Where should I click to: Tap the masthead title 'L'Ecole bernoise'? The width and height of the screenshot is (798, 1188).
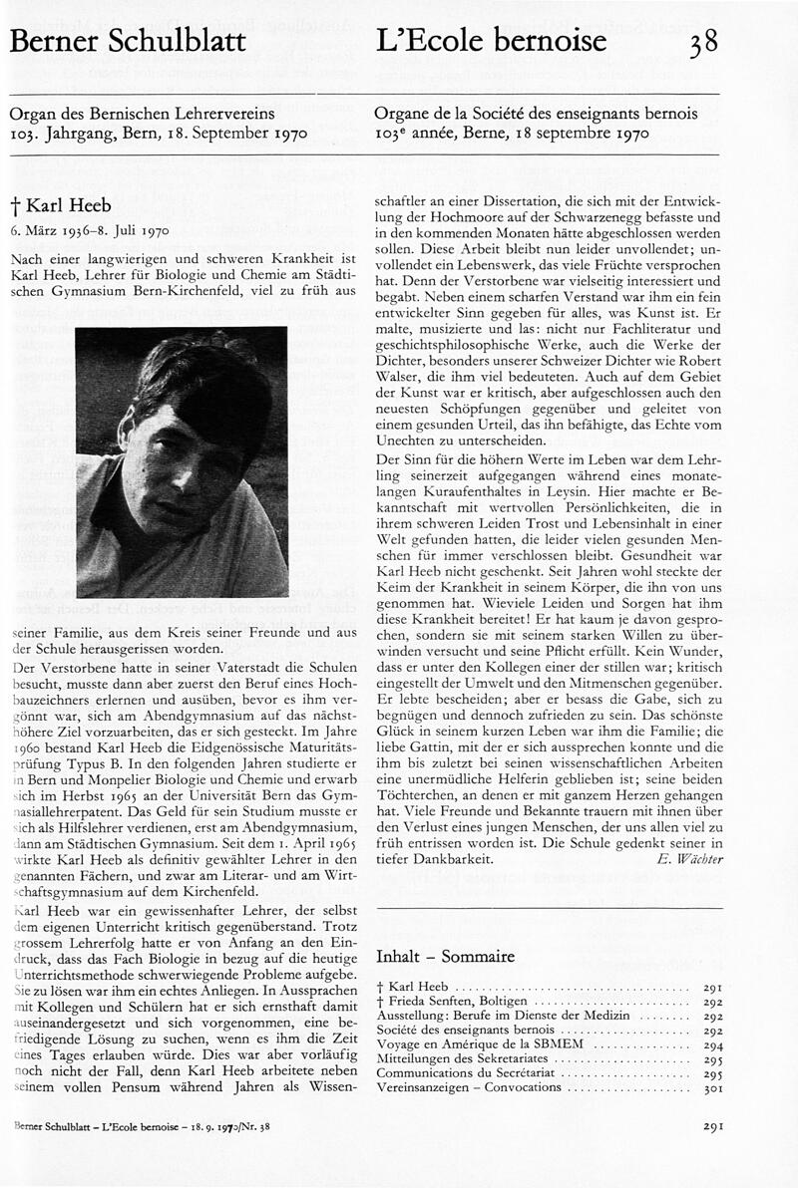pos(491,42)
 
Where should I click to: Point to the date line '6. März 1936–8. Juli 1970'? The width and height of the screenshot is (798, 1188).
pos(90,230)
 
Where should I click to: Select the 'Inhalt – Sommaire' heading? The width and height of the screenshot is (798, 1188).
pos(445,957)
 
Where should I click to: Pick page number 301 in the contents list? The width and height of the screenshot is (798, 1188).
pos(712,1086)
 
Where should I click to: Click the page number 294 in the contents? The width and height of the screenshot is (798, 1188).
pos(712,1043)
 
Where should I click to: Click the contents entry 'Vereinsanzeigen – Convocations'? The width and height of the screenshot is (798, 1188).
pos(469,1086)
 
